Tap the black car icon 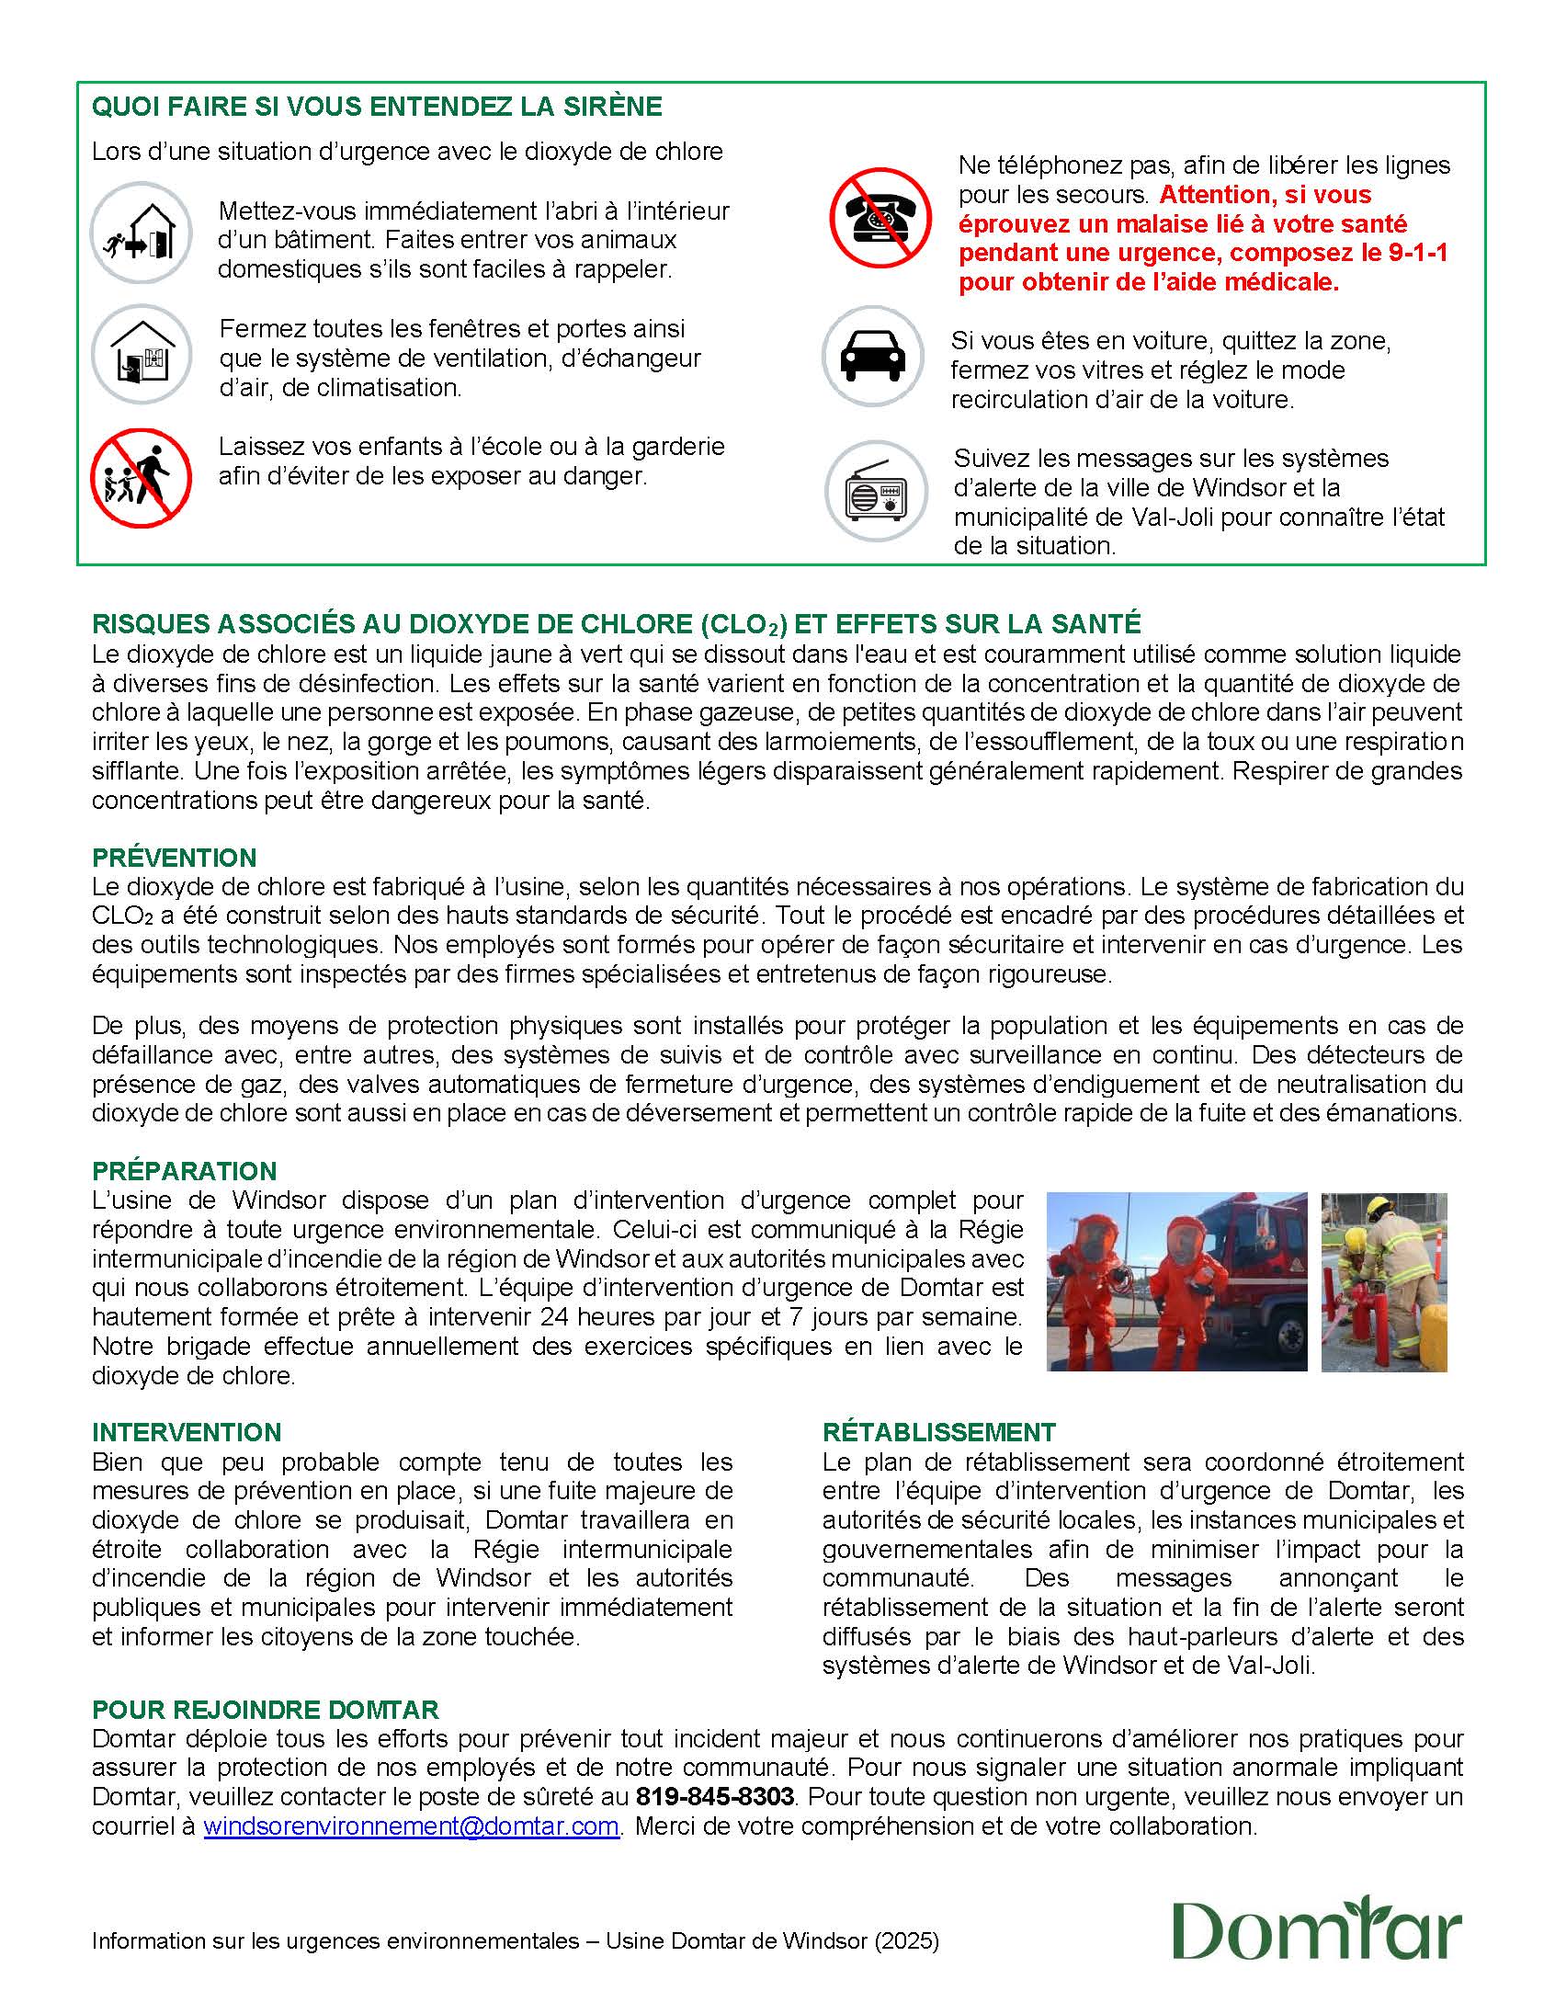pyautogui.click(x=872, y=356)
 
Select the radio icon pyautogui.click(x=875, y=491)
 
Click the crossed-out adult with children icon pyautogui.click(x=141, y=478)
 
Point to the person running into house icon pyautogui.click(x=141, y=233)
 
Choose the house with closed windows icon pyautogui.click(x=141, y=355)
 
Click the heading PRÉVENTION pyautogui.click(x=174, y=858)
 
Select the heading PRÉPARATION pyautogui.click(x=184, y=1170)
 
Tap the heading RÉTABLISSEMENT pyautogui.click(x=938, y=1431)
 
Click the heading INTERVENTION pyautogui.click(x=187, y=1431)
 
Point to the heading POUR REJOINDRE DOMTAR pyautogui.click(x=266, y=1709)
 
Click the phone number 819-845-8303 pyautogui.click(x=714, y=1796)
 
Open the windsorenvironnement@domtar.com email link pyautogui.click(x=411, y=1826)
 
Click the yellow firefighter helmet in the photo pyautogui.click(x=1379, y=1207)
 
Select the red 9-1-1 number pyautogui.click(x=1415, y=253)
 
